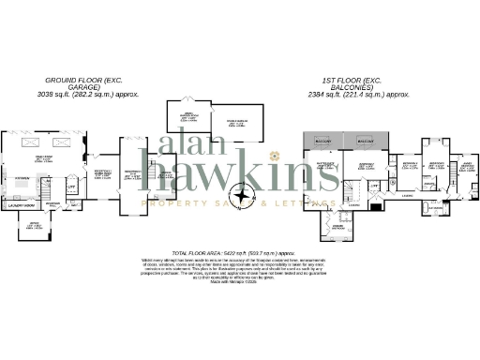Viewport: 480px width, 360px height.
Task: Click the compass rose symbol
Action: pyautogui.click(x=247, y=198)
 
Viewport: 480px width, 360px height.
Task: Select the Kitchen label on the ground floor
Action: pyautogui.click(x=20, y=176)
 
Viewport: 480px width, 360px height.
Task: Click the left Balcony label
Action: pyautogui.click(x=323, y=142)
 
